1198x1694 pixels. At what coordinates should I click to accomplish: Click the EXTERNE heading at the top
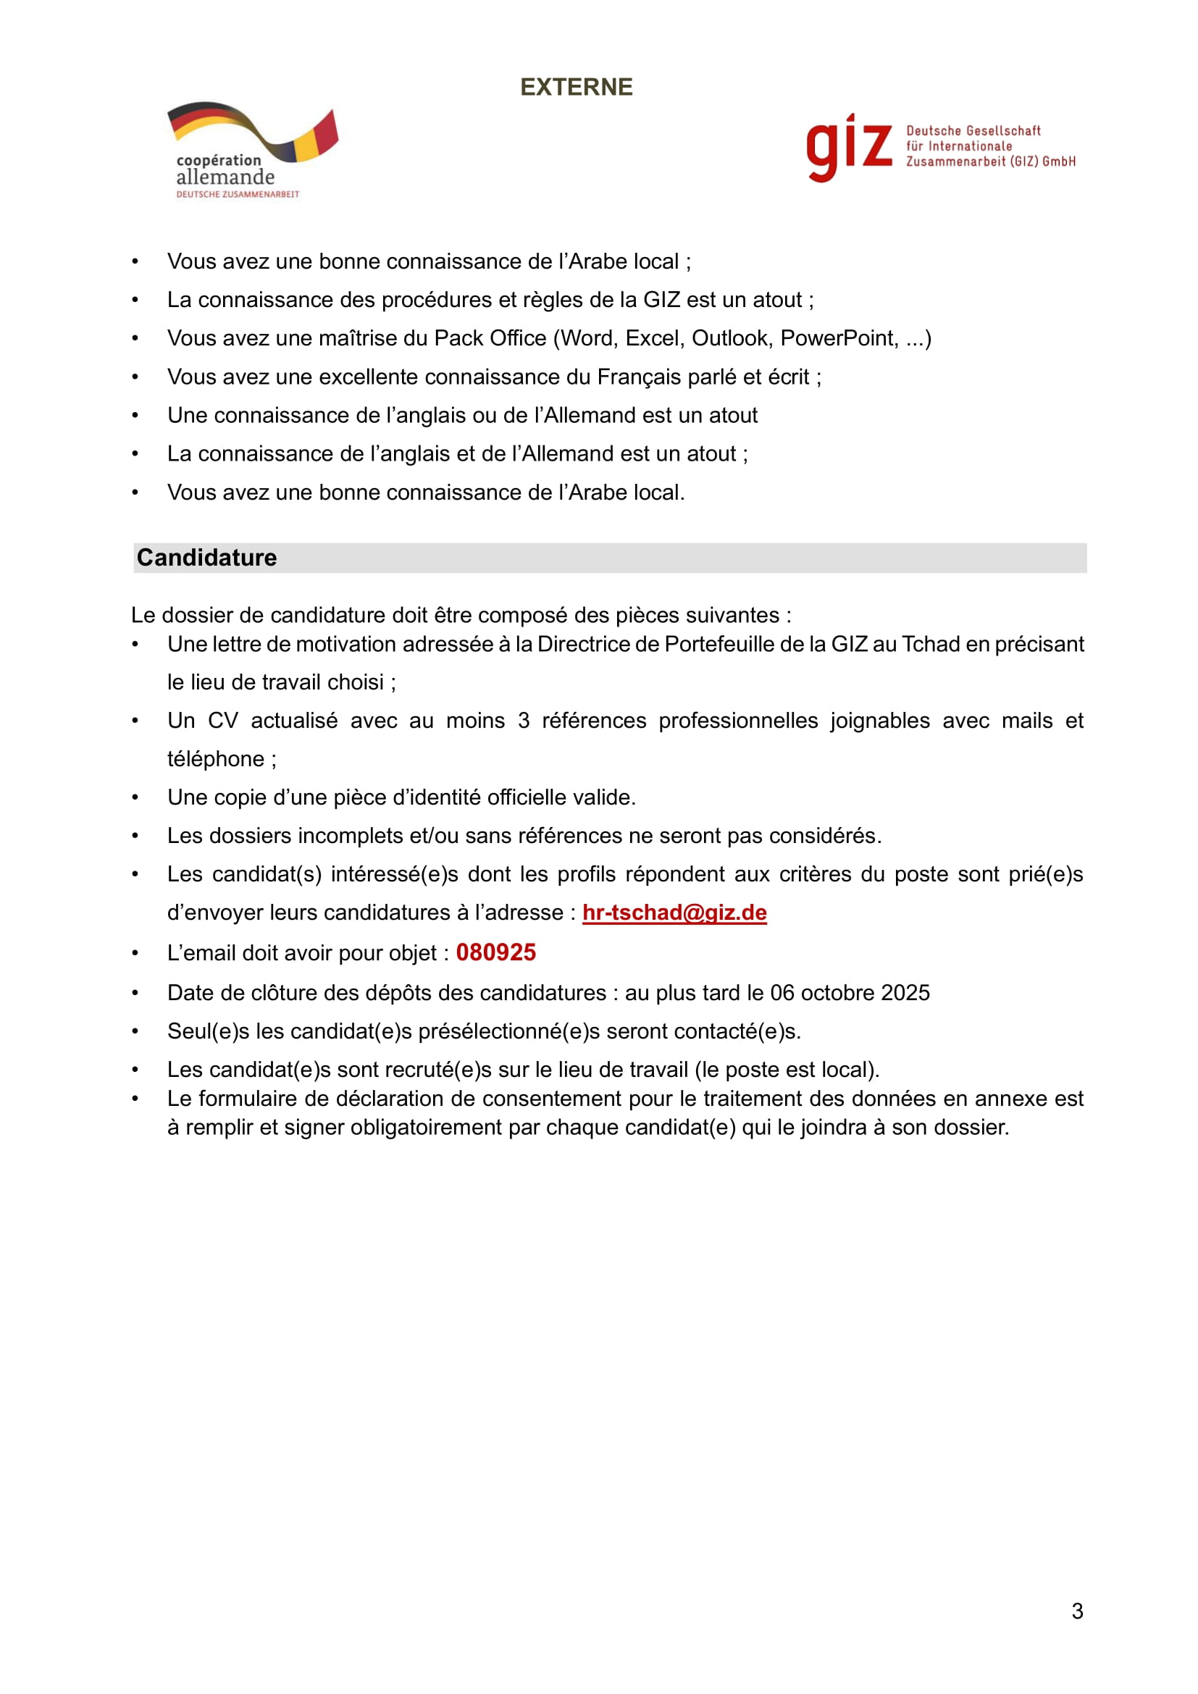576,87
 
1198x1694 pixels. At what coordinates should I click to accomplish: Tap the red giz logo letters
848,147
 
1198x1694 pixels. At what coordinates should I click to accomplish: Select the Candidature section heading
206,558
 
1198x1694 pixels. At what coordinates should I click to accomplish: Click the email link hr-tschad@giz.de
674,913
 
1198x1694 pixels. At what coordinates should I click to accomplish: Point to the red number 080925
495,952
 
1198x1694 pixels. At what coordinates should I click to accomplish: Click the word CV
223,721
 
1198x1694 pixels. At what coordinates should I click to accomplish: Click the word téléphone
215,759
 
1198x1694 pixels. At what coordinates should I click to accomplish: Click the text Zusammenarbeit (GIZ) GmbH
990,162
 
